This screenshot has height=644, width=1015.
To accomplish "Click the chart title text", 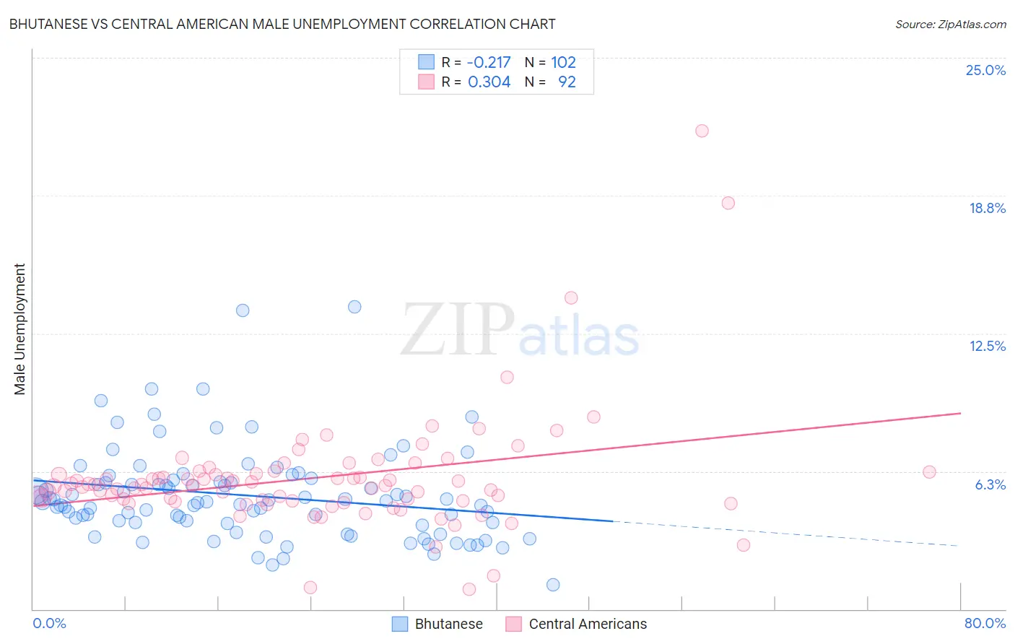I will click(282, 24).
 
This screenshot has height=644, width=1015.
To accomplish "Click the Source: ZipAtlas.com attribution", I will click(950, 24).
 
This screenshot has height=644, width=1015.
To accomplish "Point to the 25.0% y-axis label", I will click(985, 70).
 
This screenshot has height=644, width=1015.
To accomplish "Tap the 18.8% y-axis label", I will click(986, 208).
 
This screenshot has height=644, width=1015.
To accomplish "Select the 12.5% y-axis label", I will click(986, 346).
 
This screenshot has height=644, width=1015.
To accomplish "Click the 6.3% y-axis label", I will click(990, 484).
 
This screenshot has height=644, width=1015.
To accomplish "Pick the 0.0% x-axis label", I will click(49, 623).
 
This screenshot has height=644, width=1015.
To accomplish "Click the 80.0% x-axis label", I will click(984, 623).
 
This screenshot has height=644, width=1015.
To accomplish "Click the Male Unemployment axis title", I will click(19, 329).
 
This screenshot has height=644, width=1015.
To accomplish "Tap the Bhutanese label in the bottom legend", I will click(448, 624).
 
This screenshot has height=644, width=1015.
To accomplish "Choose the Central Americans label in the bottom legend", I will click(588, 624).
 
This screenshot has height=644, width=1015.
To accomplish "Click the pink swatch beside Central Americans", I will click(513, 624).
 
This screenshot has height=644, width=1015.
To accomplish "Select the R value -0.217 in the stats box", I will click(489, 63).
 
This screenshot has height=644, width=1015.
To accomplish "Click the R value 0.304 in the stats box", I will click(489, 82).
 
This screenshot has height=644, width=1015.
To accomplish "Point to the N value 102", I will click(563, 63).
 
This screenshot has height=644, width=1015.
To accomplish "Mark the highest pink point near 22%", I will click(702, 131).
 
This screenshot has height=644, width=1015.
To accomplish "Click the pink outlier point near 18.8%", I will click(728, 203).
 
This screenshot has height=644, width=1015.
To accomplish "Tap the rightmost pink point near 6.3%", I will click(929, 472).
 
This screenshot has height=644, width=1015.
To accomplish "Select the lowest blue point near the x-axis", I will click(553, 585).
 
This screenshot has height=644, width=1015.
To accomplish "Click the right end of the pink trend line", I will click(960, 413).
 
